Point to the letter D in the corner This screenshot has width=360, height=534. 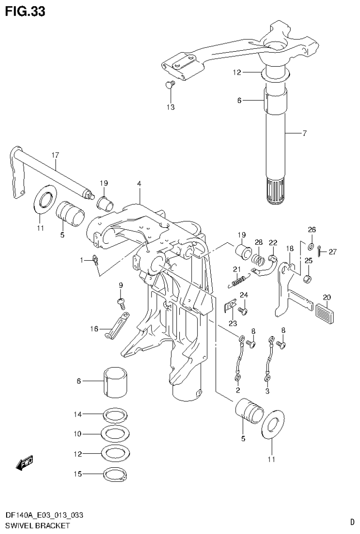coord(352,521)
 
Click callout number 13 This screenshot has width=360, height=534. coord(170,107)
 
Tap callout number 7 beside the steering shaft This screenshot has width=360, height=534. coord(304,133)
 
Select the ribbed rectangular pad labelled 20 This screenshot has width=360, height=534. coord(327,311)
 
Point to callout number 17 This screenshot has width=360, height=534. coord(55,155)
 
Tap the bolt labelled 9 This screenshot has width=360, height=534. coord(121,302)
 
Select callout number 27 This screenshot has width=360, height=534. coord(332,252)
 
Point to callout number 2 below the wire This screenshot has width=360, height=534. coord(237,390)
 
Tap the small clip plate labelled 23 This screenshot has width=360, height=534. coord(230,306)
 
